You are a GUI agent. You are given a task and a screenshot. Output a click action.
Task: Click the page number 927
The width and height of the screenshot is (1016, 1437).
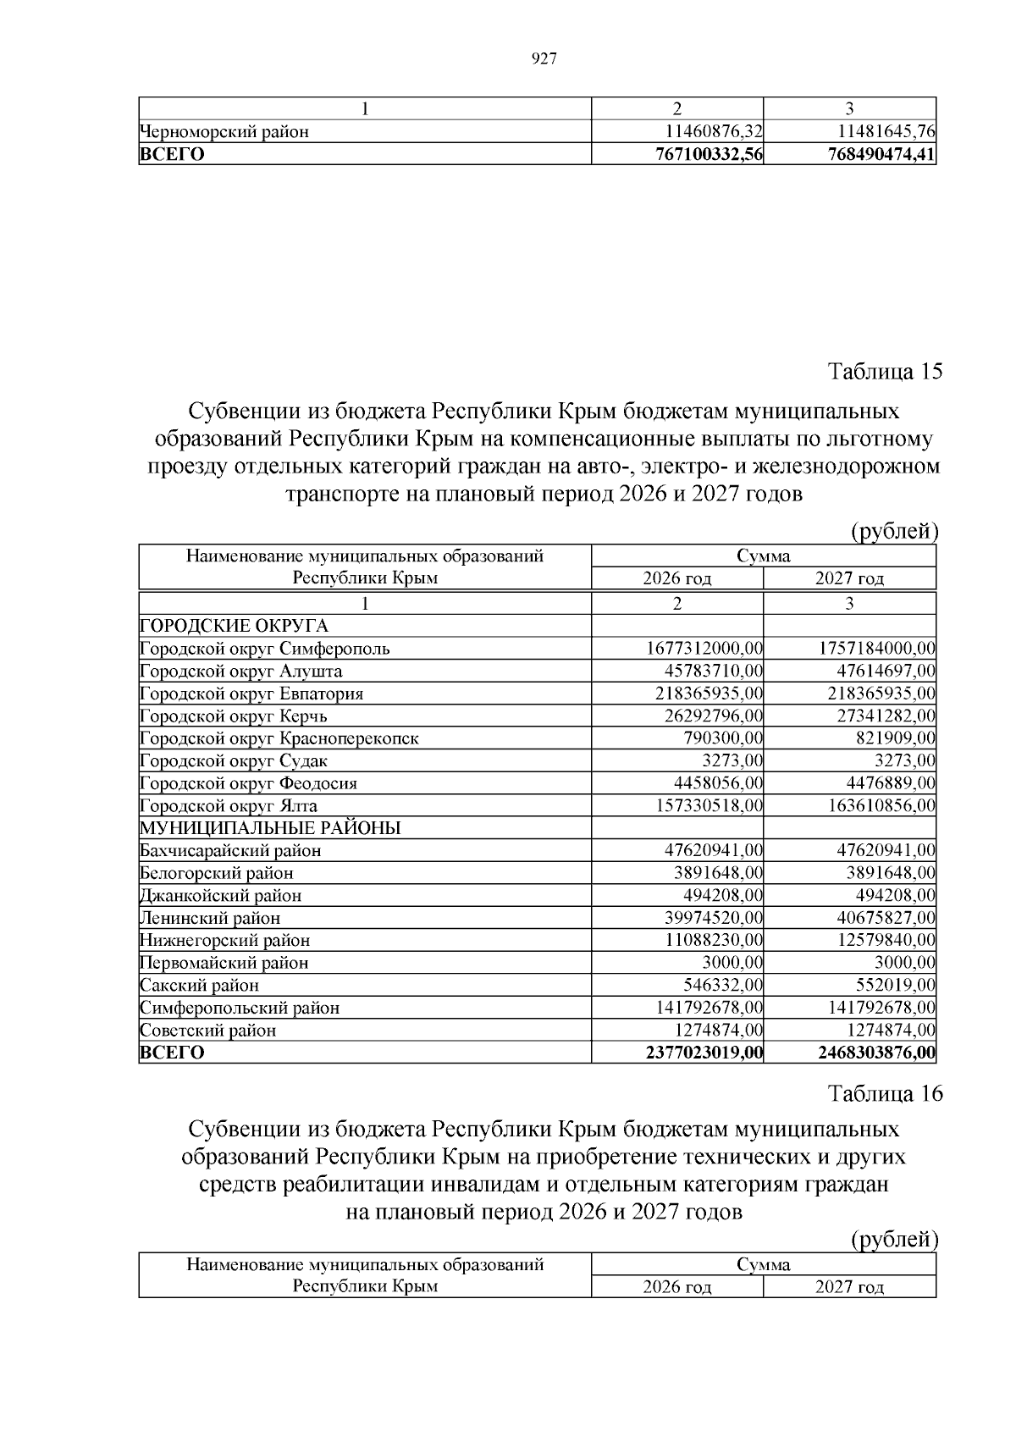pos(543,58)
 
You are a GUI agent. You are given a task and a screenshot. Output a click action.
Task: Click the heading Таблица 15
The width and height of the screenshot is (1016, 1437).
pos(884,372)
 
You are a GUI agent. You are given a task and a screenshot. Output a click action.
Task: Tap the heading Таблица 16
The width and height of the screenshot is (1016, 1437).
pos(884,1093)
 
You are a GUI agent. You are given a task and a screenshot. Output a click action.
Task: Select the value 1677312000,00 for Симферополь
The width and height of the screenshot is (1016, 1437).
pos(704,649)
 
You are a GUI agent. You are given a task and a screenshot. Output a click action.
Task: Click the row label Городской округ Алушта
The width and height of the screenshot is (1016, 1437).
pos(241,672)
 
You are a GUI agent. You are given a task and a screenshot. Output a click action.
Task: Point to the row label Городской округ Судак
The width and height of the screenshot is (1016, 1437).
pos(234,761)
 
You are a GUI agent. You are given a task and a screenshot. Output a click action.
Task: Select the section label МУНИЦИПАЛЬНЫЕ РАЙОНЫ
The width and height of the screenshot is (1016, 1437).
pos(270,828)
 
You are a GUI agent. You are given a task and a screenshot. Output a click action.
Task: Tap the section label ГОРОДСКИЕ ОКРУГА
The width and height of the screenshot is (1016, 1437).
pos(234,627)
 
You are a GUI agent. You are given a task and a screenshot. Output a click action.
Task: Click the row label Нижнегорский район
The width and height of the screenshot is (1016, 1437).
pos(225,941)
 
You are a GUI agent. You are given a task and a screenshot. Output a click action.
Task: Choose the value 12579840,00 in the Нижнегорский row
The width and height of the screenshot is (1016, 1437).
pos(886,941)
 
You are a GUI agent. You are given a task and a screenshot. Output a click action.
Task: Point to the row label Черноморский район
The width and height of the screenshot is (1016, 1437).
pos(224,132)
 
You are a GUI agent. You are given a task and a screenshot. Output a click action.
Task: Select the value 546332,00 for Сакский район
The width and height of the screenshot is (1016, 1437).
pos(723,986)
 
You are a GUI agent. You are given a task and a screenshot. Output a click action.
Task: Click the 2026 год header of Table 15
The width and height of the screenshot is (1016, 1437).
pos(676,579)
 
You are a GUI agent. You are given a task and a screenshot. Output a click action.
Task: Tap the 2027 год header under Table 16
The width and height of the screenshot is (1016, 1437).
pos(849,1287)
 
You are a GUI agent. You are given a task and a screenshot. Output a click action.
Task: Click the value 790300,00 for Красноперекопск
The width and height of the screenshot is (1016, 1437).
pos(723,738)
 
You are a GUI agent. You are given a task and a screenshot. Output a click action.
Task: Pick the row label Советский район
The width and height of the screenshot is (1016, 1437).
pos(208,1031)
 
